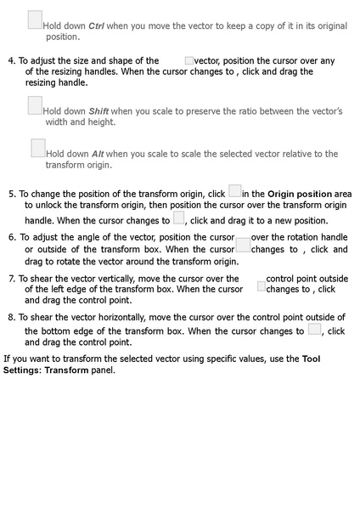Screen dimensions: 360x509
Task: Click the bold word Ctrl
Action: point(98,26)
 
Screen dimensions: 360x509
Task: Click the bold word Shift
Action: point(98,111)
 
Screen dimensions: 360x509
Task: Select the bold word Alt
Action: point(103,154)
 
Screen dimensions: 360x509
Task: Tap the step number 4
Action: point(11,61)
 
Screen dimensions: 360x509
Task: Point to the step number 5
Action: point(12,194)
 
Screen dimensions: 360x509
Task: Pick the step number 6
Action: point(12,237)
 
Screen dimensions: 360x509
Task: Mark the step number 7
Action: point(11,279)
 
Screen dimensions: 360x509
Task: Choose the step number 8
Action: point(11,317)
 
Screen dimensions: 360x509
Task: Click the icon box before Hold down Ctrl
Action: point(35,20)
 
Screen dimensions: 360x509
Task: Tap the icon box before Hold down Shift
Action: point(35,105)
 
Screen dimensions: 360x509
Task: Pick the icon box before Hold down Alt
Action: point(38,148)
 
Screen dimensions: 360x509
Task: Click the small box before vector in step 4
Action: point(188,61)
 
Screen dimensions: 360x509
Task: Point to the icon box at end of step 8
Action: point(314,330)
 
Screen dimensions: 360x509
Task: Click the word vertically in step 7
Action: point(125,279)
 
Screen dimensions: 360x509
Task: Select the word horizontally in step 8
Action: point(130,317)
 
